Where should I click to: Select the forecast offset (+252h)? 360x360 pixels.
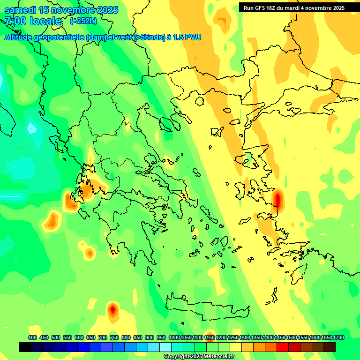[x=83, y=21]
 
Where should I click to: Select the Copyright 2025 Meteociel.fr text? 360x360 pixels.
[x=199, y=357]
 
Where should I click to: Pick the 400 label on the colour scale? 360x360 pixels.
[x=32, y=337]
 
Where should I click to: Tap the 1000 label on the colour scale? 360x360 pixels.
[x=174, y=337]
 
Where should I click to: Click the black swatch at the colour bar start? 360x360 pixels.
[x=25, y=347]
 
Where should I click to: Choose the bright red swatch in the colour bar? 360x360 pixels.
[x=283, y=347]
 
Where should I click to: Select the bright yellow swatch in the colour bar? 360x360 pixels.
[x=236, y=347]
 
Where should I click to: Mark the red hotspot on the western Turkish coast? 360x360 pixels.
[x=278, y=200]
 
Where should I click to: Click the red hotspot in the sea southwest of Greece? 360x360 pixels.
[x=112, y=309]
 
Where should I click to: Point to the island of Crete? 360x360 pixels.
[x=206, y=307]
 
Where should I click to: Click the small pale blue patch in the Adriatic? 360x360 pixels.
[x=31, y=127]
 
